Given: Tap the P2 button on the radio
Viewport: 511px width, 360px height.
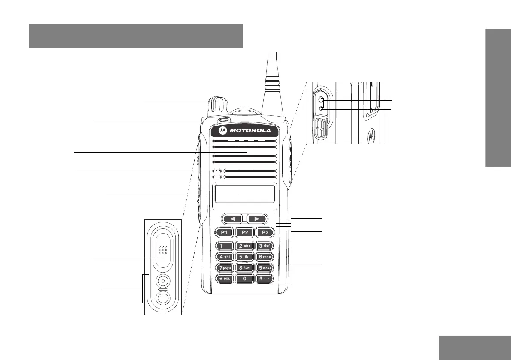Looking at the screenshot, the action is pos(245,233).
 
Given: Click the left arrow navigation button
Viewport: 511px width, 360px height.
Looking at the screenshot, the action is pos(232,219).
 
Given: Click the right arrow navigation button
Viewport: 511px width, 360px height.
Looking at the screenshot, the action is pos(257,219).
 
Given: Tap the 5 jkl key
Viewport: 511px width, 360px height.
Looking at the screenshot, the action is pos(245,257).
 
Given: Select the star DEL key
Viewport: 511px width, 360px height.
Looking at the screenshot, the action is pos(225,278).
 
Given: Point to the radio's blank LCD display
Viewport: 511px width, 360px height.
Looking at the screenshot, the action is pos(245,194).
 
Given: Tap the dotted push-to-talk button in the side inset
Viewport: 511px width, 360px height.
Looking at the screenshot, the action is pos(162,250).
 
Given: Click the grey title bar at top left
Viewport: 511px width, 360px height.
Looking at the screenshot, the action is pos(136,36).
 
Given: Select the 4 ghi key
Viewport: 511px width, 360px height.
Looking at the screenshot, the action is pos(225,257).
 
